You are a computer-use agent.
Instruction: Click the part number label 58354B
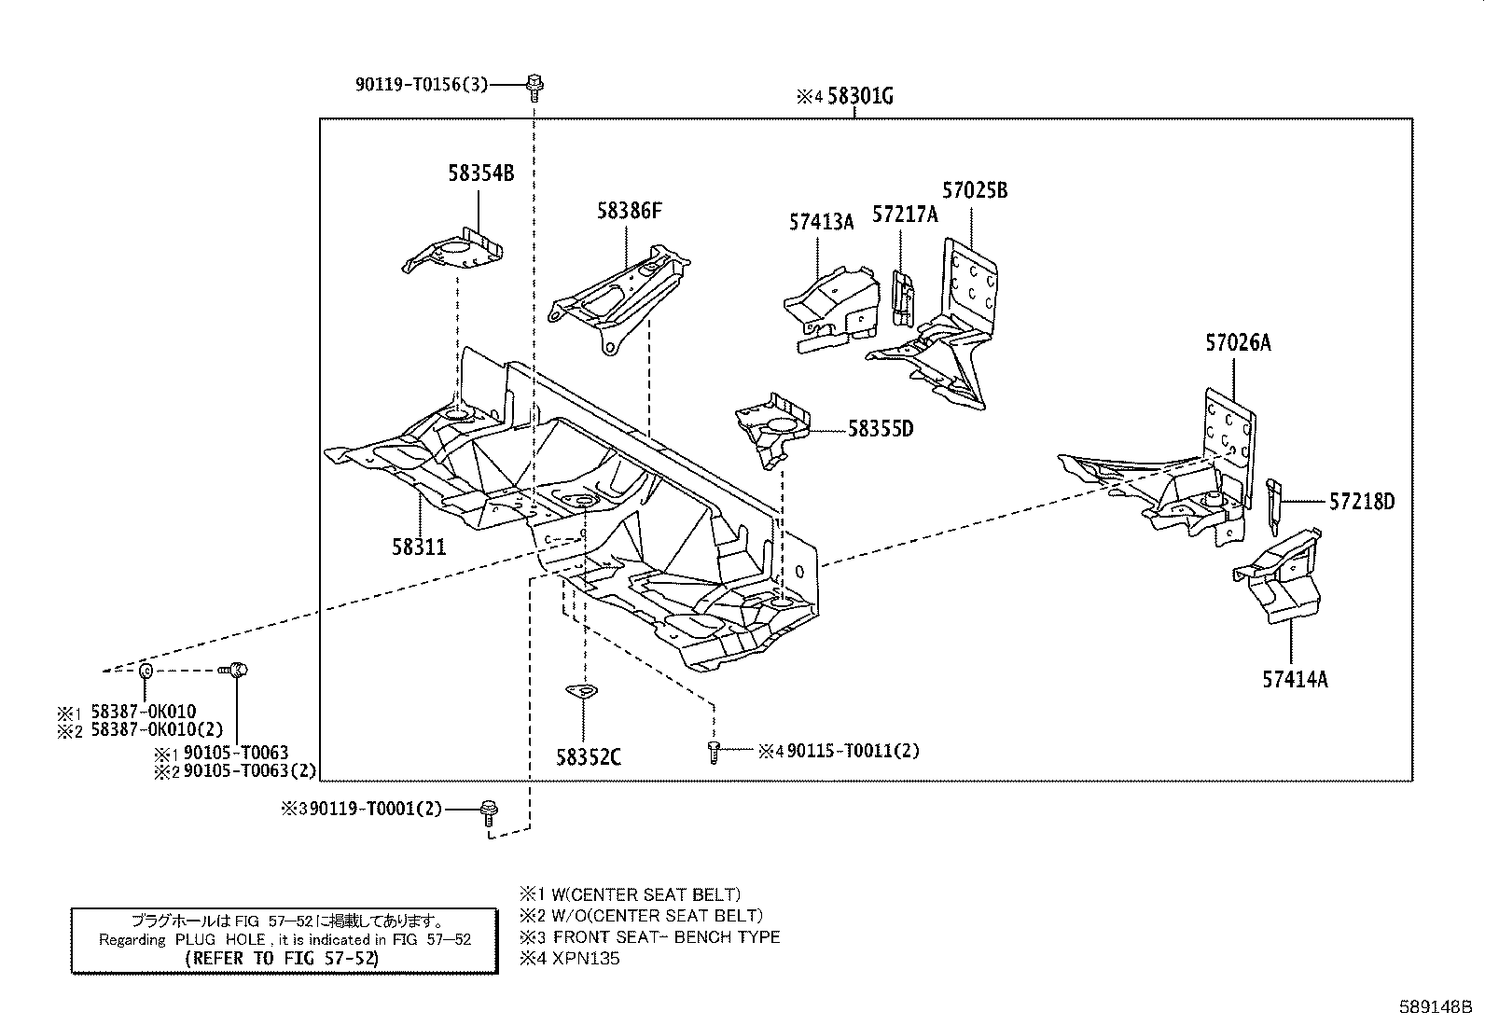[480, 173]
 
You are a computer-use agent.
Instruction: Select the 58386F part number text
[630, 211]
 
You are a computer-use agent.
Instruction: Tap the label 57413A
[821, 222]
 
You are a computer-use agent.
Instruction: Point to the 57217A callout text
[905, 215]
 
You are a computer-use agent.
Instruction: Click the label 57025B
[975, 190]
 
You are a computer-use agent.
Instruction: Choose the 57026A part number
[1238, 343]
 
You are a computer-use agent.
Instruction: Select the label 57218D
[1362, 502]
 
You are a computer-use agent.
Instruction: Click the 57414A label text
[1295, 679]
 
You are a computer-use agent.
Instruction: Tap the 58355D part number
[880, 429]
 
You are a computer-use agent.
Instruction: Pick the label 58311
[419, 547]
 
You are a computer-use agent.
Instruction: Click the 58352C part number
[588, 757]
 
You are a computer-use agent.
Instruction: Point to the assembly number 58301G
[860, 96]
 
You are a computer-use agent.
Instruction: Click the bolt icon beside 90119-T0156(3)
[534, 86]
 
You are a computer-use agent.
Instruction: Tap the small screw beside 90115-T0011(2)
[714, 752]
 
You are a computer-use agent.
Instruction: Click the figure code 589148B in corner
[1434, 1007]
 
